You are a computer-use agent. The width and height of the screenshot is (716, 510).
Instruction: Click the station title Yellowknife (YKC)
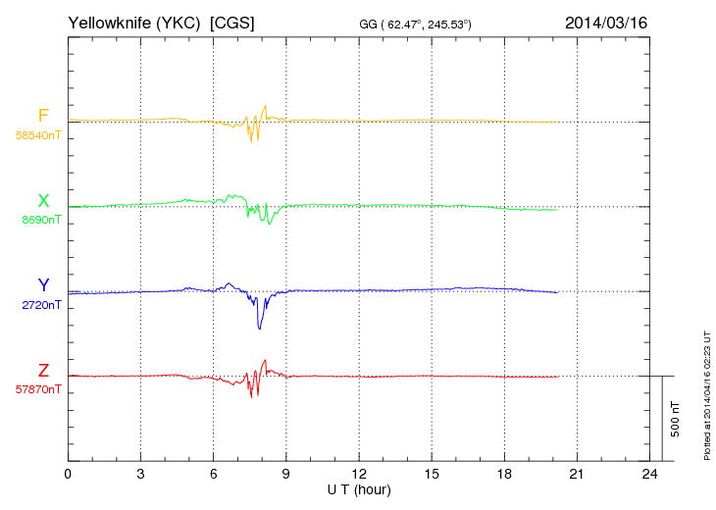click(x=135, y=22)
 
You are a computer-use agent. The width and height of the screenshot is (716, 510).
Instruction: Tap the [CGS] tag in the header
click(x=232, y=22)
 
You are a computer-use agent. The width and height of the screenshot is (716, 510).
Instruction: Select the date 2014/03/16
click(x=605, y=22)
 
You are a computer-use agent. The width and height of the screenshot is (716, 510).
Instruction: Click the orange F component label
click(x=43, y=116)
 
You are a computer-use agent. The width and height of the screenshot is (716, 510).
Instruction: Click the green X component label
click(x=43, y=201)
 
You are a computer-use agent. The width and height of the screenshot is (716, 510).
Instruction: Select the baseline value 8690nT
click(x=41, y=221)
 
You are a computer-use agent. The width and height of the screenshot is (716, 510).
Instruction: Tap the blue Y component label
click(x=43, y=285)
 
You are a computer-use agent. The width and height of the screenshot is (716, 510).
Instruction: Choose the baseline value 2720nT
click(x=41, y=305)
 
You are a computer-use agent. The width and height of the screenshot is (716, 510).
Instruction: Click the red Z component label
click(x=43, y=370)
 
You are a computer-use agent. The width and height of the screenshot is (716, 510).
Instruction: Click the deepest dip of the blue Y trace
click(x=259, y=328)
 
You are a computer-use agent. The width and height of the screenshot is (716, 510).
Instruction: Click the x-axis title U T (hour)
click(x=358, y=489)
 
